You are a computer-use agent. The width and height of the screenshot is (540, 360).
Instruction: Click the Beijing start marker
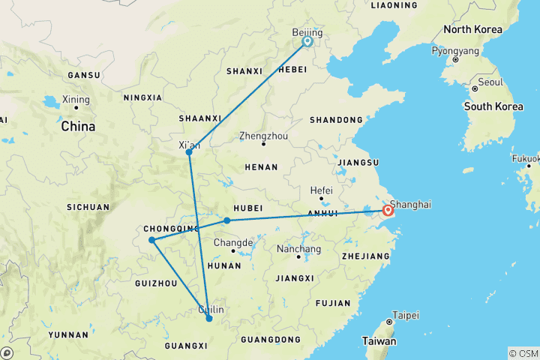[x=307, y=42]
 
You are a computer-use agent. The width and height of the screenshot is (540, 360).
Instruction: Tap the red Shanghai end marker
[x=388, y=211]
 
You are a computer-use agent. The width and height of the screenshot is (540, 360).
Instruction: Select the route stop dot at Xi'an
[x=189, y=152]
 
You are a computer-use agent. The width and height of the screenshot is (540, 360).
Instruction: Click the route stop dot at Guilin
[x=209, y=319]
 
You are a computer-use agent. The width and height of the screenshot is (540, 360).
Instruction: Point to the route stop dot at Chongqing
[x=152, y=240]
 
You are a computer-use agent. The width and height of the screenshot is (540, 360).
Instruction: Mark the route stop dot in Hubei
[x=227, y=220]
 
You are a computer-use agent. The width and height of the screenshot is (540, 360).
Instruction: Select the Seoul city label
[x=490, y=82]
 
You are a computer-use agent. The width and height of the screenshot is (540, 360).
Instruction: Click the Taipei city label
[x=405, y=315]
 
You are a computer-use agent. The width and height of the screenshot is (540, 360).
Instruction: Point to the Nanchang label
[x=298, y=249]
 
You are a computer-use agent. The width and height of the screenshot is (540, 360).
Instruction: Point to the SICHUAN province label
[x=89, y=207]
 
